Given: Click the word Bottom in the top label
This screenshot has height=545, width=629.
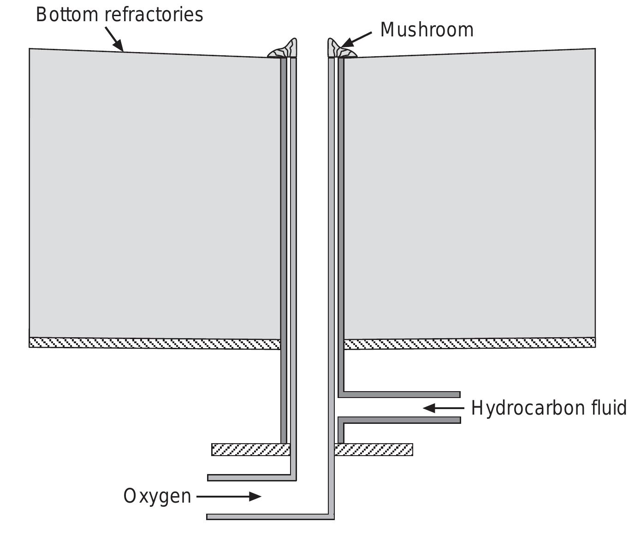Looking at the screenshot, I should point(68,15).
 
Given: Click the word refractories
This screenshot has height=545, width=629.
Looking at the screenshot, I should point(154,15).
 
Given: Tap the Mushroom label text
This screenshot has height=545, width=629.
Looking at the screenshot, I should point(427,30).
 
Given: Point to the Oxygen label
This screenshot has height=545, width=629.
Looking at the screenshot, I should point(157,496).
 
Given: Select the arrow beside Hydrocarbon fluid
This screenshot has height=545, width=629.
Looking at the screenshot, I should point(443,408).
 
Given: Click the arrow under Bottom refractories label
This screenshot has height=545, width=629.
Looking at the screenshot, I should point(114,39).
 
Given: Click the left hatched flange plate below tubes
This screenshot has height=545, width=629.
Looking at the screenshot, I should point(250,450).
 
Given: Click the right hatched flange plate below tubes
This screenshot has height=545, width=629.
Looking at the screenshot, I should point(374,450).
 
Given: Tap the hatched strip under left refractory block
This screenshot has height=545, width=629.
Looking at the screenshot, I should point(154,343).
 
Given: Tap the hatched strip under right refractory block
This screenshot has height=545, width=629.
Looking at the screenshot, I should point(469,343).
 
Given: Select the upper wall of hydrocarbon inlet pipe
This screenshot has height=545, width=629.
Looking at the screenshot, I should point(401,394).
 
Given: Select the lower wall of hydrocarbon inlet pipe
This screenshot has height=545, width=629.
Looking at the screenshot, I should point(401,420).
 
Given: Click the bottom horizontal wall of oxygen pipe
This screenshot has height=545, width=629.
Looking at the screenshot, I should point(270,517).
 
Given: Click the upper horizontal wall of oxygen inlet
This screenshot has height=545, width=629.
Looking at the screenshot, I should point(251,478).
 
